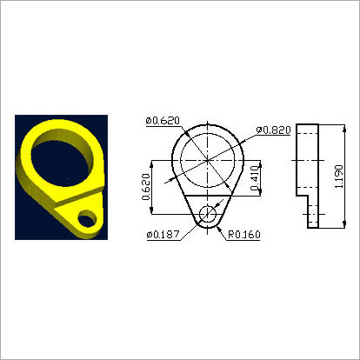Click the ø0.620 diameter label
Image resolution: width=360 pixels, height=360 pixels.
tap(163, 120)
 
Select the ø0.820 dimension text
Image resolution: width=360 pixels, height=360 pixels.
tap(272, 130)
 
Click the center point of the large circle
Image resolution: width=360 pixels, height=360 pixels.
tap(208, 159)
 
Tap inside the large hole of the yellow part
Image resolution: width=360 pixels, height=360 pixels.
tap(60, 162)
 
